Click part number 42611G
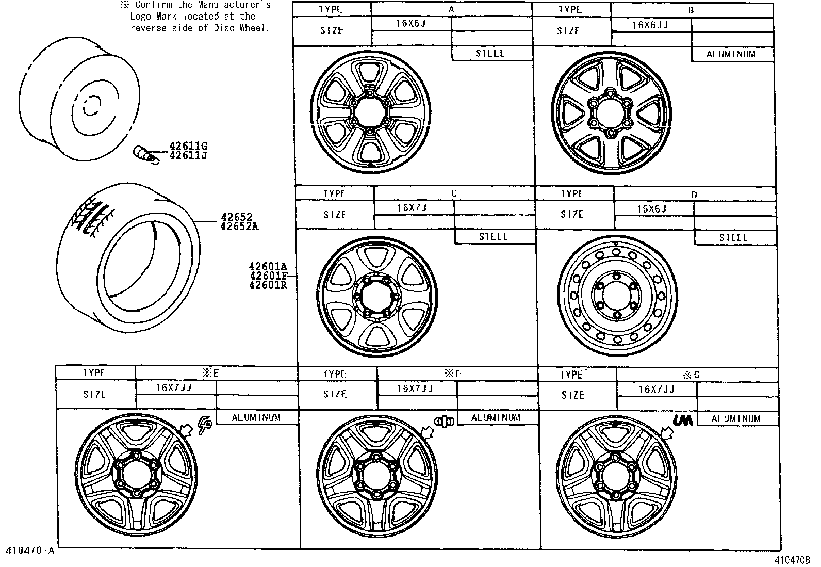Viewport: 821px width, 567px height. point(188,146)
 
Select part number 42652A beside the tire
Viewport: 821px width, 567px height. point(239,226)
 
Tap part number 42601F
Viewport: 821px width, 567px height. point(268,276)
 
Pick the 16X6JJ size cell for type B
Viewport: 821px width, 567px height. point(651,24)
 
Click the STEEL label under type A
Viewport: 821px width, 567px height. point(490,53)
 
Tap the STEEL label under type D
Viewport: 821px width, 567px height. point(733,237)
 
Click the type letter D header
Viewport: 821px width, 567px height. point(694,195)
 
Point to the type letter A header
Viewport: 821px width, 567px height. point(451,9)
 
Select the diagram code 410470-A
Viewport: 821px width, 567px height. point(30,550)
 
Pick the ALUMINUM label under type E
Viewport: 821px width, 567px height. point(256,417)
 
